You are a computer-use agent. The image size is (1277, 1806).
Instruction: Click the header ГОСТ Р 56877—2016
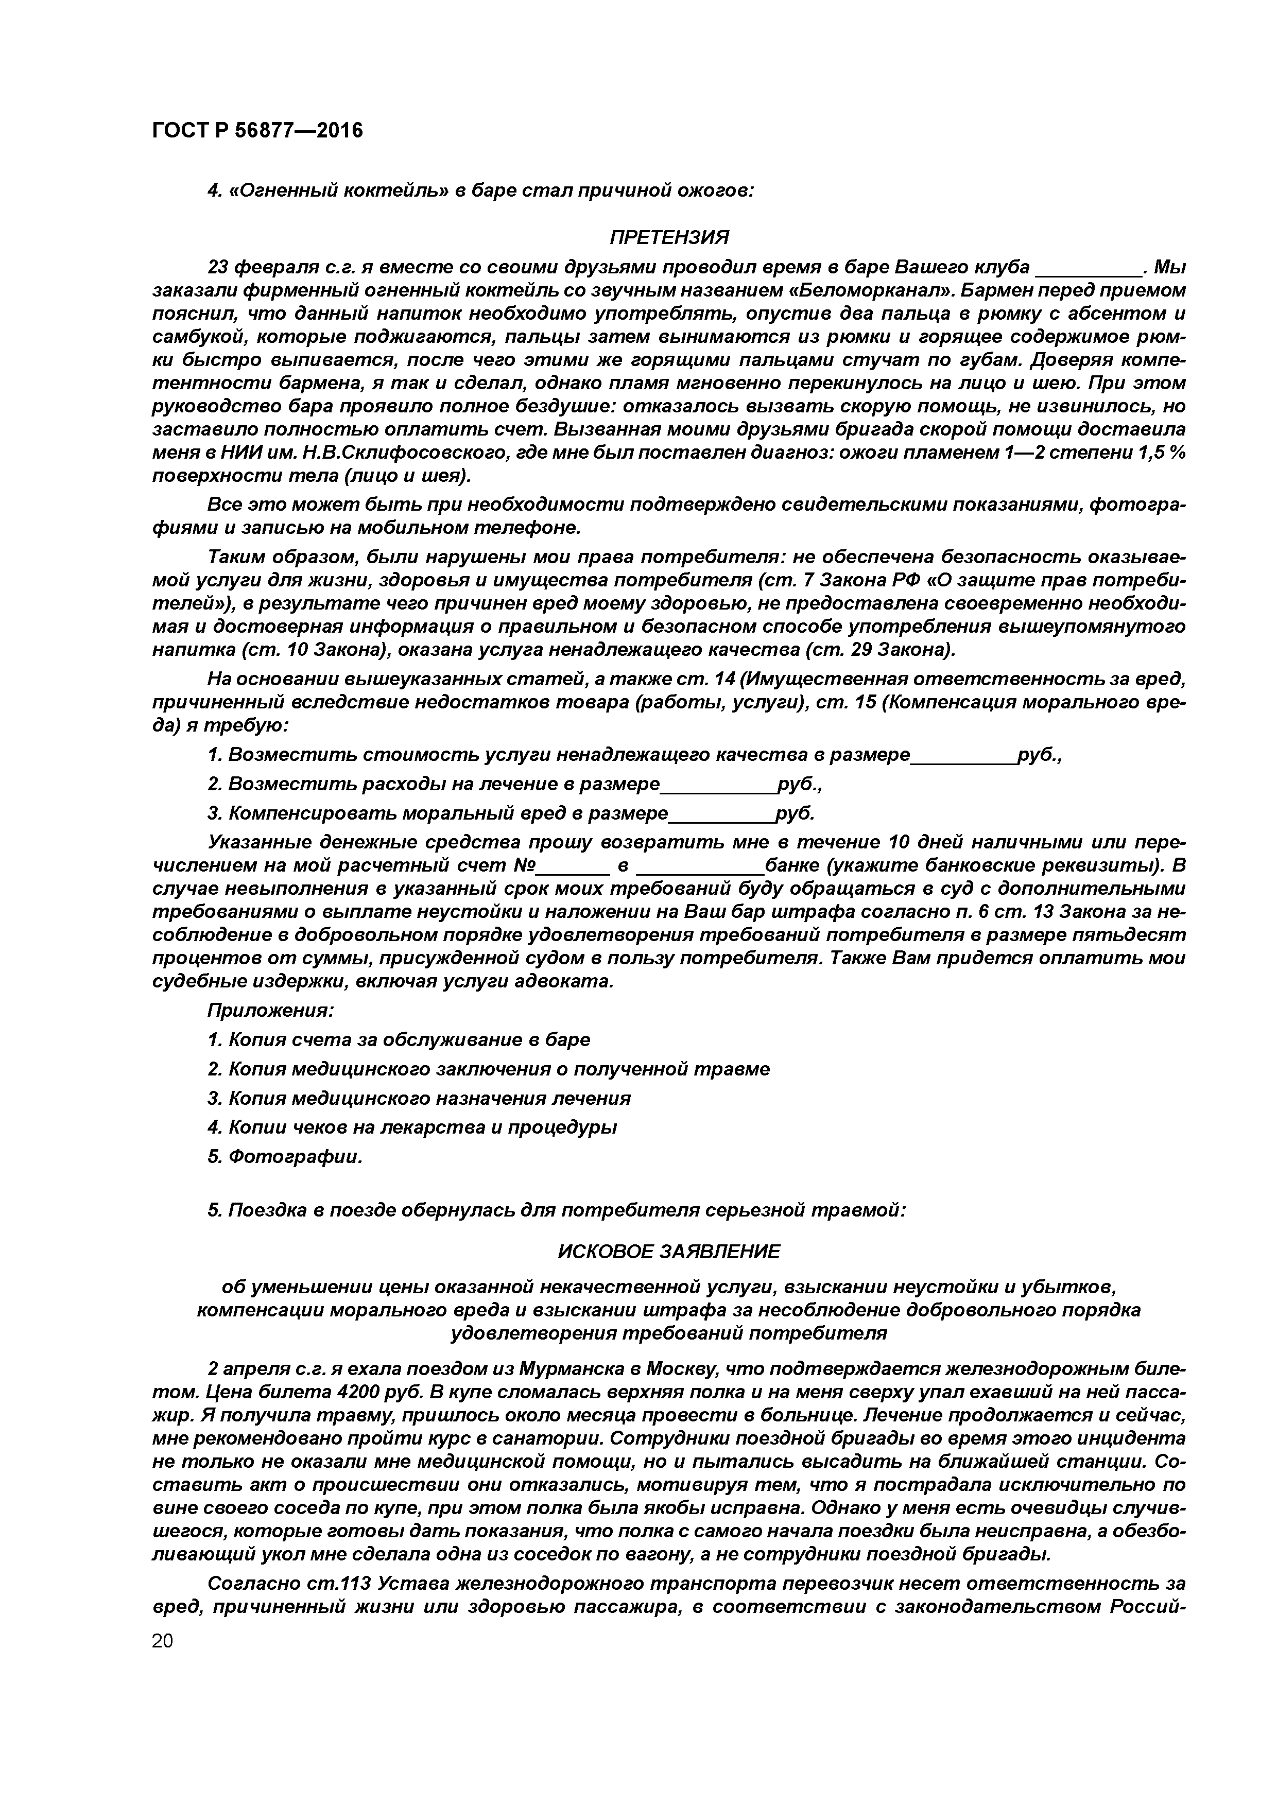(x=257, y=130)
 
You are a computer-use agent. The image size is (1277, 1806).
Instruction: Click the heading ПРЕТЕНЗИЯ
(x=669, y=237)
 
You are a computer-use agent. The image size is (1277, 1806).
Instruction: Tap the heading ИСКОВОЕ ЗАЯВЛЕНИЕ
(x=669, y=1251)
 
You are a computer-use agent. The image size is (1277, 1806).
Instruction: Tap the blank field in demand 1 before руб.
(x=963, y=756)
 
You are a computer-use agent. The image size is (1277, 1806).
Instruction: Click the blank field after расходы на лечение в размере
(x=718, y=785)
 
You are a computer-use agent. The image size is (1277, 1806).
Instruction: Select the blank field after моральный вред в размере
(x=721, y=814)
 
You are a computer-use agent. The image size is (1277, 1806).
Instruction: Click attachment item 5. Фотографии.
(x=285, y=1157)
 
